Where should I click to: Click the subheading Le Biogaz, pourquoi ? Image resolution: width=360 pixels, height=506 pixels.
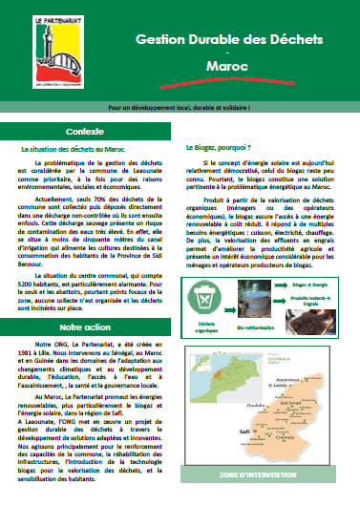[x=217, y=149]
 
